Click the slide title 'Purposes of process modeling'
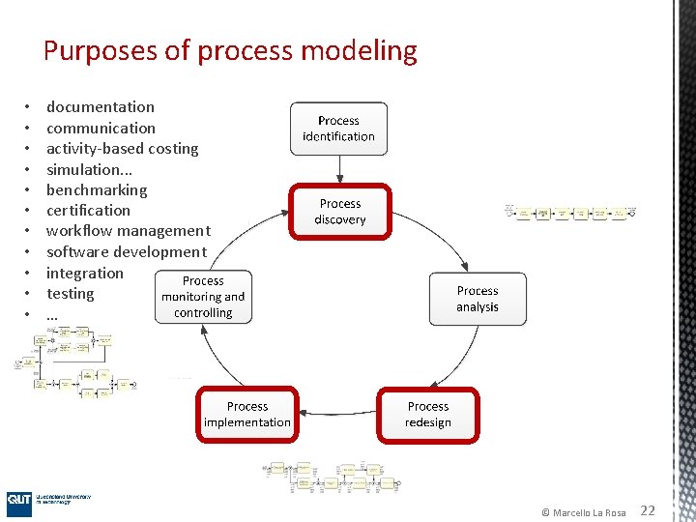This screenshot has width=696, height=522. (230, 51)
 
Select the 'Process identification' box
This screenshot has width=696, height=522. (338, 129)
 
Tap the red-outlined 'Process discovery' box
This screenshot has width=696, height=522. (340, 212)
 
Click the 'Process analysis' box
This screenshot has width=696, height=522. (478, 299)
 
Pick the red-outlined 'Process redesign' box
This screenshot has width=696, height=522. (427, 415)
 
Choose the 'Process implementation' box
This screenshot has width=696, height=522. (247, 415)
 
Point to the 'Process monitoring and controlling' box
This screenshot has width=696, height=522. (203, 297)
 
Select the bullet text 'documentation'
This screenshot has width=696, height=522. (101, 107)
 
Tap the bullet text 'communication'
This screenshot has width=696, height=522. (101, 128)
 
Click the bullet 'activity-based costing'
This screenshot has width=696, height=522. (123, 149)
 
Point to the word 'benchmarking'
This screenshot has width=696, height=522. (97, 190)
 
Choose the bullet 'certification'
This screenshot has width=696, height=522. (88, 211)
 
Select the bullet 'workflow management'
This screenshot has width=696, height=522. (128, 231)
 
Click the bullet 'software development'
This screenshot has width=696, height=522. (126, 252)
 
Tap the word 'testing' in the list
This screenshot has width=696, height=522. (71, 294)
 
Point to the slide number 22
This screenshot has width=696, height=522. (648, 510)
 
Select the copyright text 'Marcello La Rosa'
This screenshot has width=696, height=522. (589, 512)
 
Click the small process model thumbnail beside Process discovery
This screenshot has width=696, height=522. (570, 212)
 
